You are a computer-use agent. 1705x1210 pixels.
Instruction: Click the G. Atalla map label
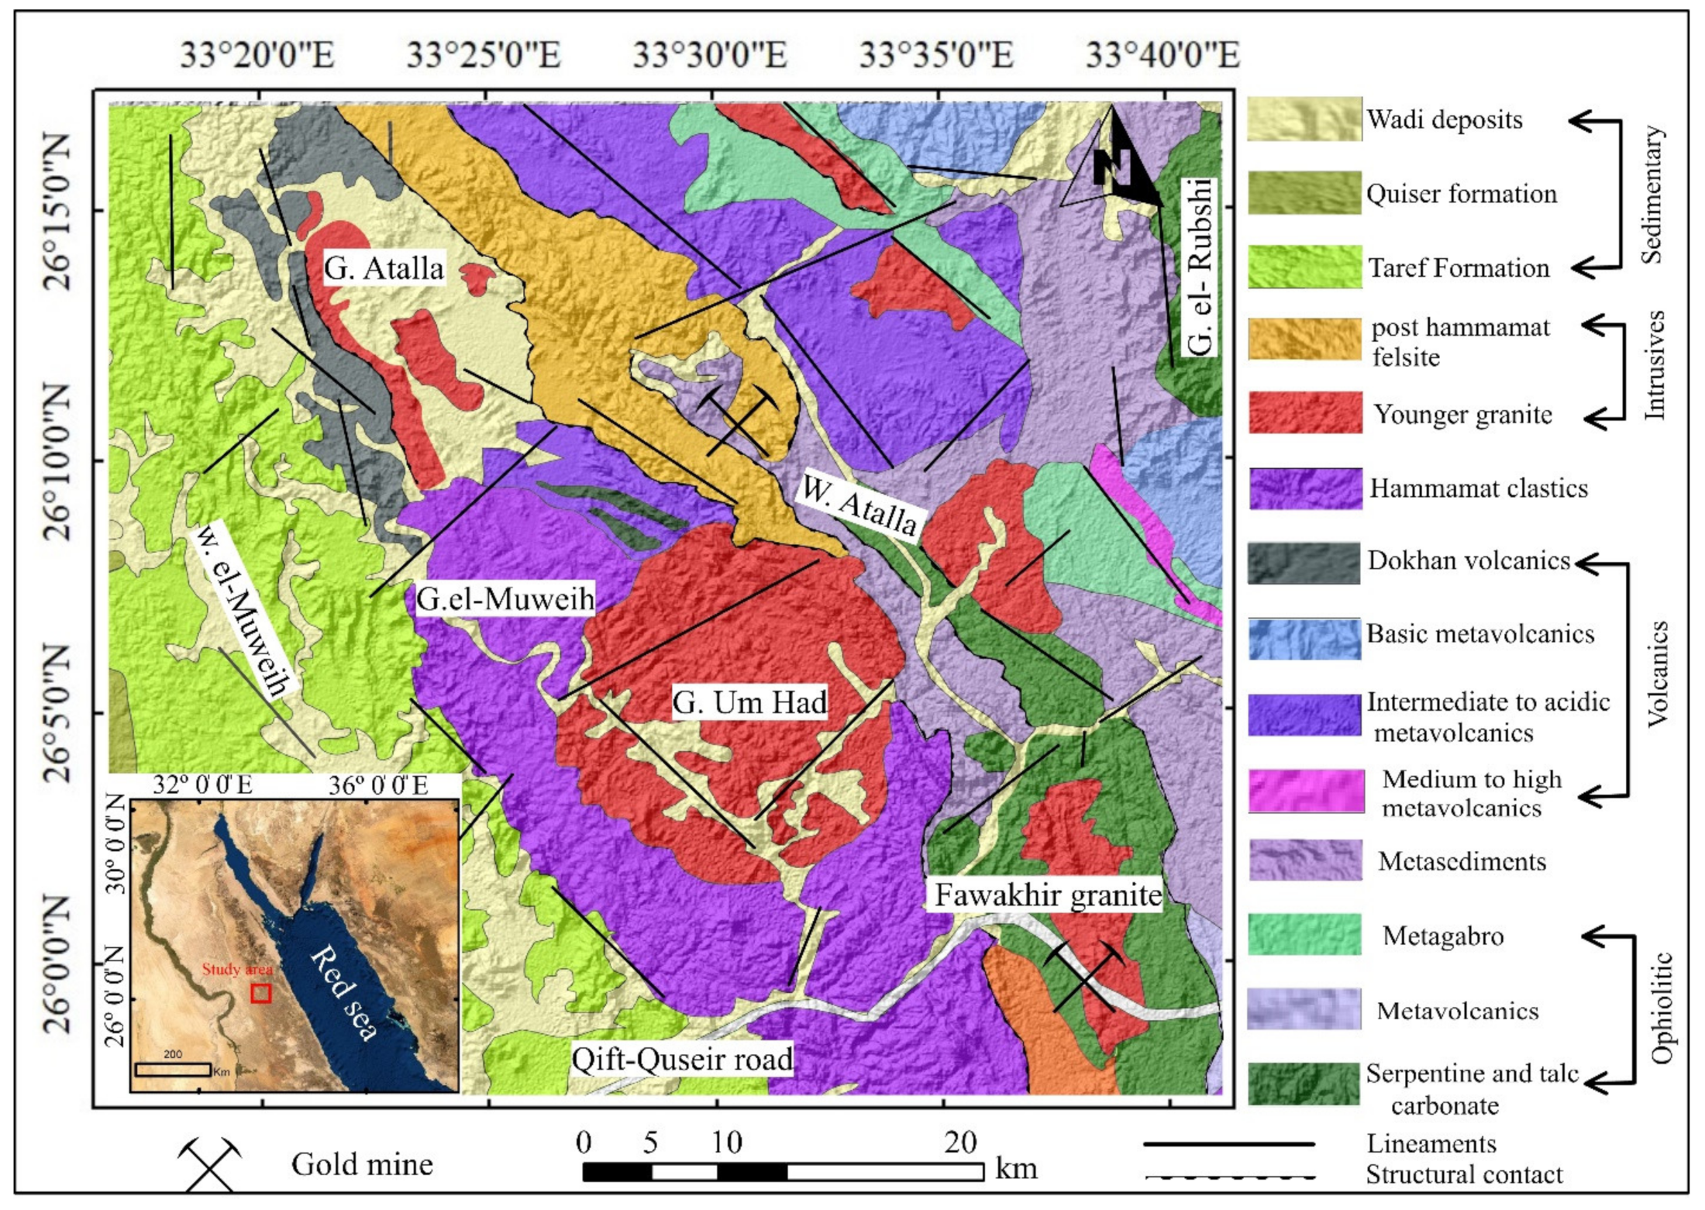(x=384, y=268)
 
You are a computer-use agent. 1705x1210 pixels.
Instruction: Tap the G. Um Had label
(x=749, y=702)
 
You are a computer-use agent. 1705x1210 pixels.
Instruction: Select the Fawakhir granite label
(x=1047, y=895)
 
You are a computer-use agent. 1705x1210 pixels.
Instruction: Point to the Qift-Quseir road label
(x=682, y=1059)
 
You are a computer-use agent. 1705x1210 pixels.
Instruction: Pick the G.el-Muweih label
(x=505, y=598)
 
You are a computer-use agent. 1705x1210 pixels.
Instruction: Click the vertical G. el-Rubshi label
(x=1198, y=267)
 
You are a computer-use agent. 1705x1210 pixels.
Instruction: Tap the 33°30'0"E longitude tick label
(x=709, y=55)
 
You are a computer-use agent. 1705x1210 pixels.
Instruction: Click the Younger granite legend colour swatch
(x=1305, y=412)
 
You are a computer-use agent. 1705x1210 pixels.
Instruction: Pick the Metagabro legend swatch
(x=1305, y=934)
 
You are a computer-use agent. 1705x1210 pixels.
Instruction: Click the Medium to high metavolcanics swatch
(x=1306, y=791)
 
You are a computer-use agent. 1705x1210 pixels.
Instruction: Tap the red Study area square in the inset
(x=261, y=993)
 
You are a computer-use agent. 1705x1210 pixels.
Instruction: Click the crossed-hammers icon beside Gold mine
(x=209, y=1163)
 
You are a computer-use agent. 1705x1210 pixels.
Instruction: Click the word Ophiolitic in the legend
(x=1662, y=1008)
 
